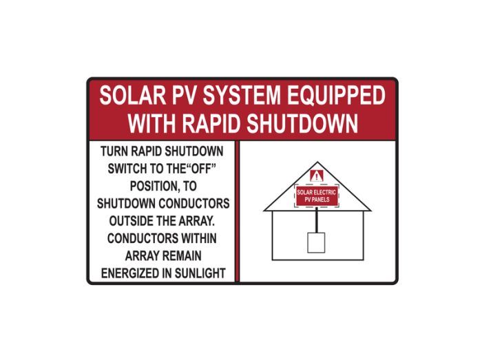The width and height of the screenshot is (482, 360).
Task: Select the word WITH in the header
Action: (x=152, y=123)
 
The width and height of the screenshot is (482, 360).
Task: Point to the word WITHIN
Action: (x=192, y=238)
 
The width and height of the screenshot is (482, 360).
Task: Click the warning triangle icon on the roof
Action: (x=317, y=175)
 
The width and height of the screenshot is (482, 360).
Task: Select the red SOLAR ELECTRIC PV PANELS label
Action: (x=317, y=196)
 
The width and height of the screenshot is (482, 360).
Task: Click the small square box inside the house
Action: (x=317, y=242)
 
